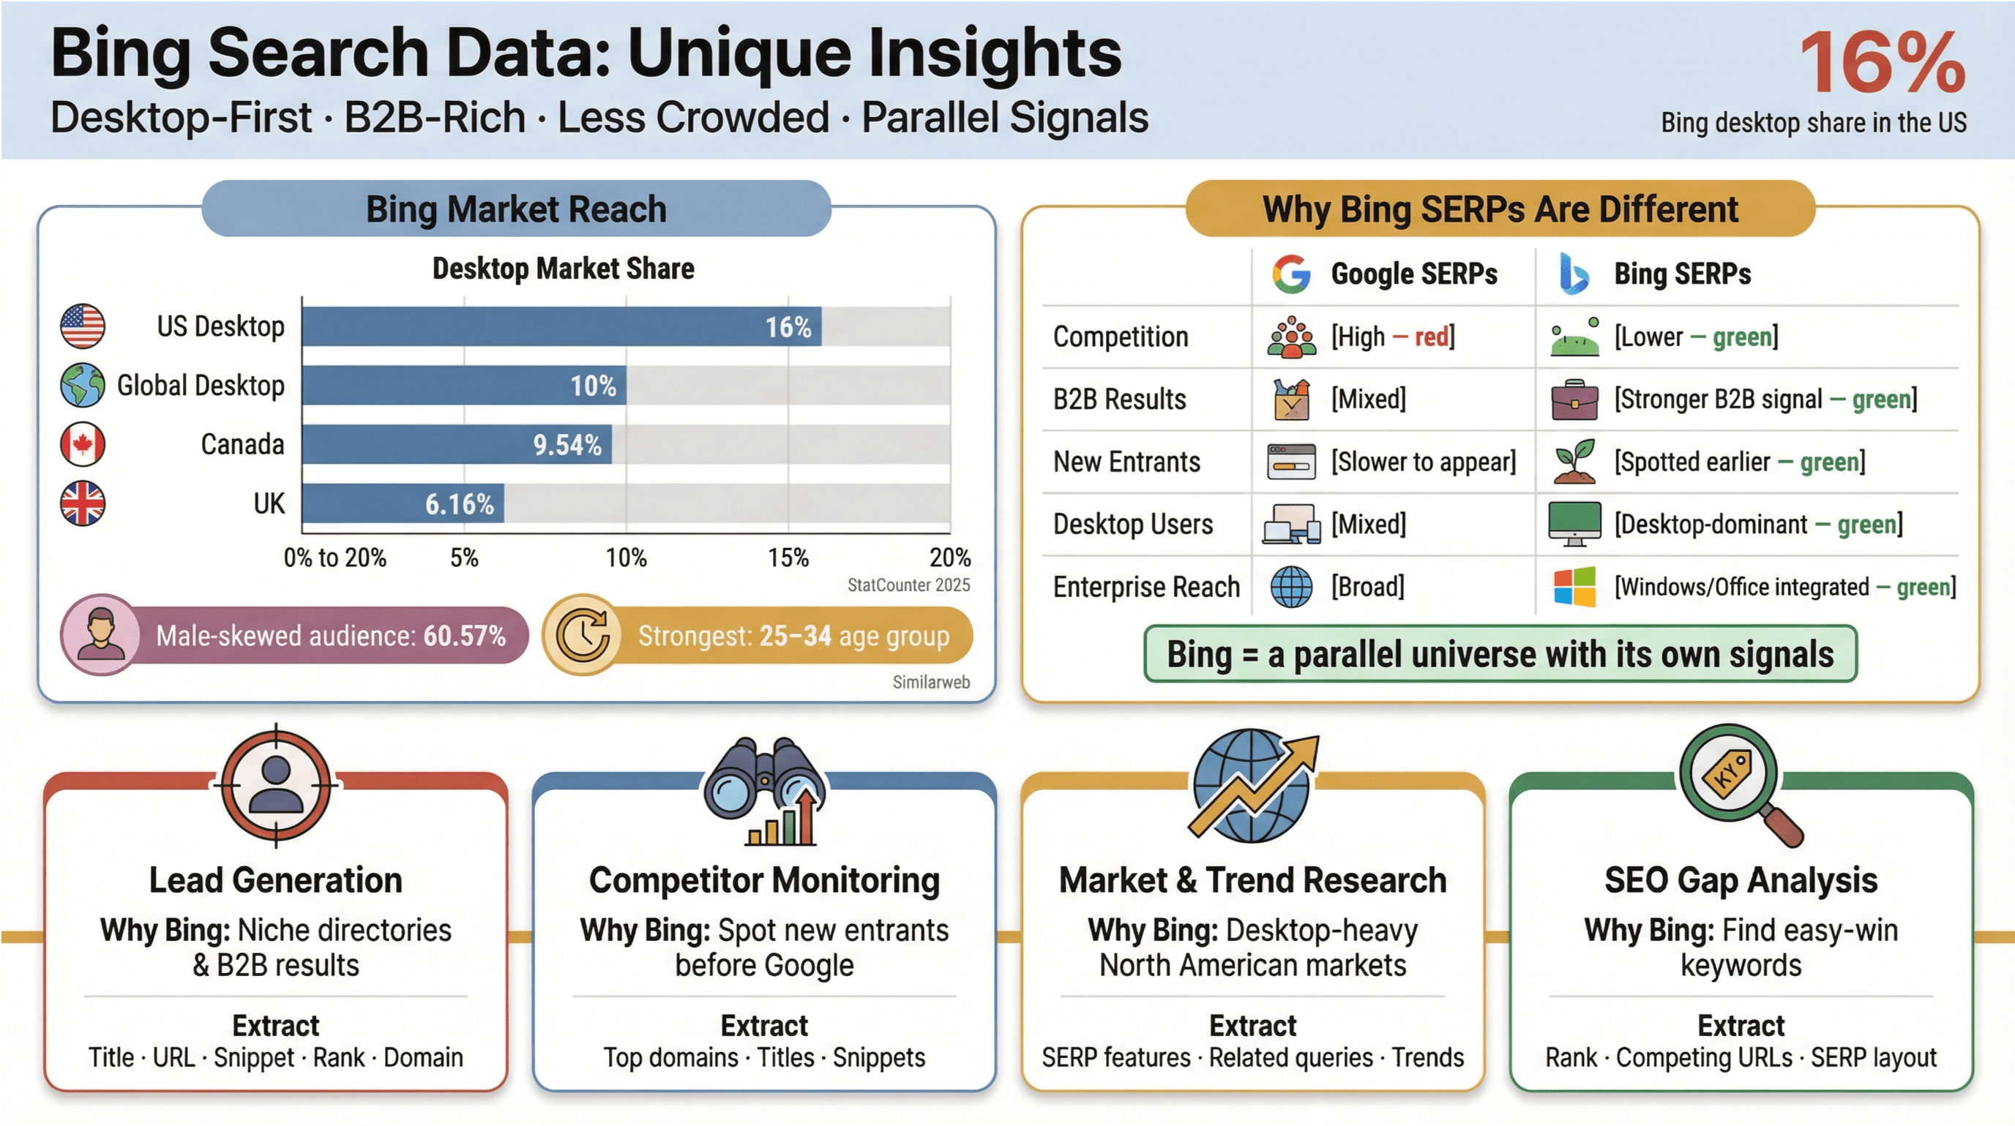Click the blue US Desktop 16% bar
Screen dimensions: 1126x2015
561,326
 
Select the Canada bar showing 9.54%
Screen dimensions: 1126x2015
457,444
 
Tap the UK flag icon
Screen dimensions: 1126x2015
82,503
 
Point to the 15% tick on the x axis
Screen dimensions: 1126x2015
788,558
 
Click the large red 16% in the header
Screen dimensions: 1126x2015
1881,63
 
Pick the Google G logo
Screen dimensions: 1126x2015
1290,274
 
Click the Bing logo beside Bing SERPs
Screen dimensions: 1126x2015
1573,274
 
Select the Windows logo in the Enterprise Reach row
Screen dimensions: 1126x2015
1574,587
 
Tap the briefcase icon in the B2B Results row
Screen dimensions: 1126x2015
1574,399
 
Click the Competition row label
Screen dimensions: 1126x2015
1120,337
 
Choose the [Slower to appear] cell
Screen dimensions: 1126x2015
1423,462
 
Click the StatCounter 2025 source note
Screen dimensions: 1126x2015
908,585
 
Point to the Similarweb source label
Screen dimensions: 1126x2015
931,682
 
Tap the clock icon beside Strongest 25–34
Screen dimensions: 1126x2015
583,635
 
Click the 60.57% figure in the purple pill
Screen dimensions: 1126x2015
465,636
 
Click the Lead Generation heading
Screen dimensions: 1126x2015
275,880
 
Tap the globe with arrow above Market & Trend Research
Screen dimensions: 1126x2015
1252,785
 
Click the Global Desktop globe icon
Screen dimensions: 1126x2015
82,385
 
